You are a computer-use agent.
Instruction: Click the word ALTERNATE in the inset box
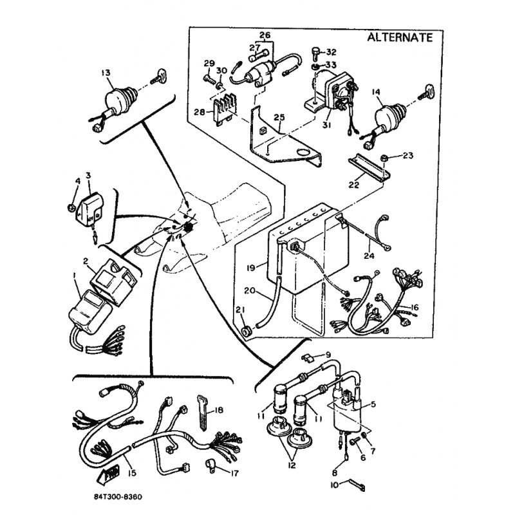400,37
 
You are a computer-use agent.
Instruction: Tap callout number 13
106,72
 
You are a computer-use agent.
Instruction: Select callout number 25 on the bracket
279,117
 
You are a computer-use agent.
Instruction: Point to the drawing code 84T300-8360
118,496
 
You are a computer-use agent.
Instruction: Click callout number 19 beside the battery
250,268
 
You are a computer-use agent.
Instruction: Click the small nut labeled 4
70,207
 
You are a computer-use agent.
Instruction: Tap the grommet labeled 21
247,332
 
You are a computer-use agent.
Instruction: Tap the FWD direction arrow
105,475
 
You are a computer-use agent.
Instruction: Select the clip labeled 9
307,358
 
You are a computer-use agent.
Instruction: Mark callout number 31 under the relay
326,125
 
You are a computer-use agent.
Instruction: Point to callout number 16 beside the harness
415,308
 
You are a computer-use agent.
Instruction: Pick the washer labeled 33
315,67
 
